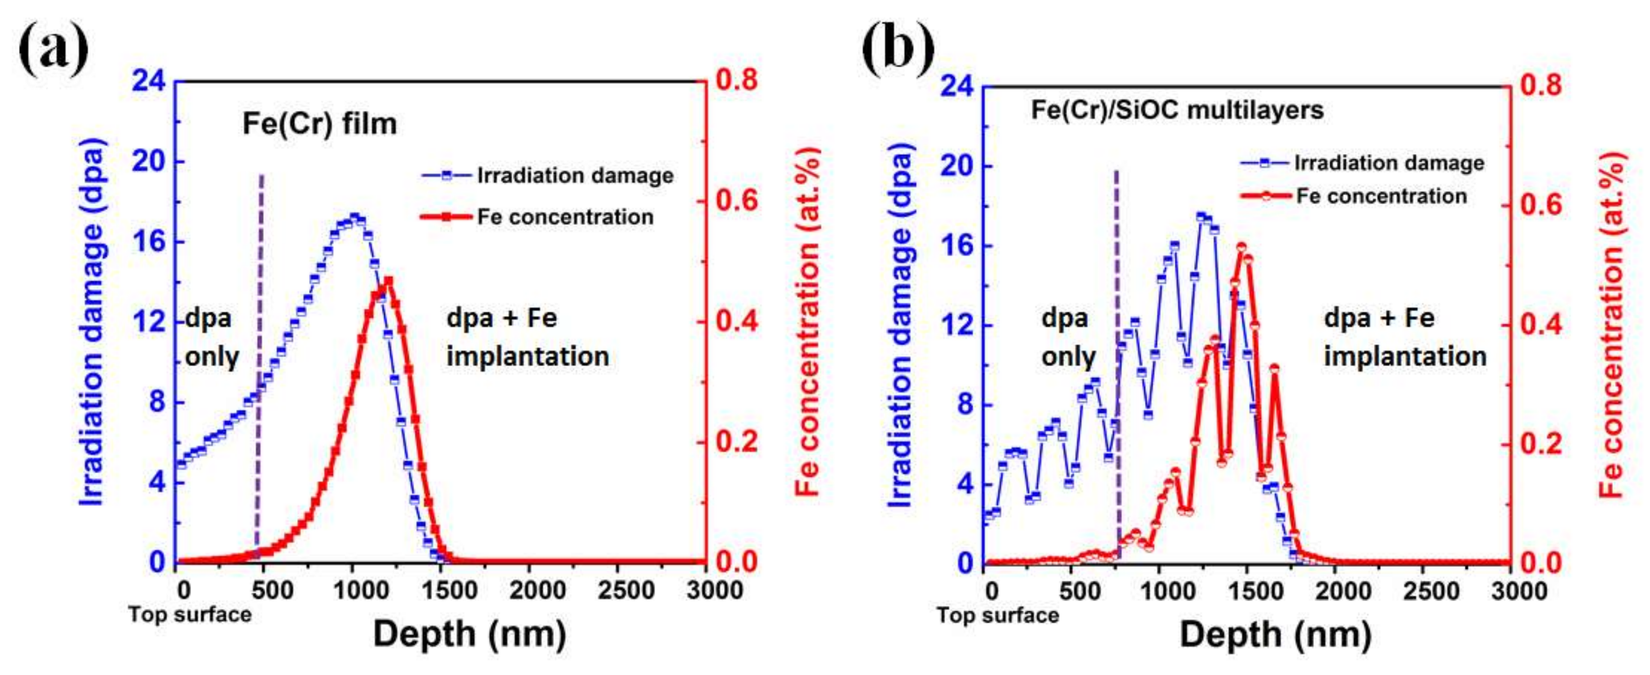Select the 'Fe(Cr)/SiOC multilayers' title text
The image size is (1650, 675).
pyautogui.click(x=1177, y=110)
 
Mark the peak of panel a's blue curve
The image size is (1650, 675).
pyautogui.click(x=354, y=216)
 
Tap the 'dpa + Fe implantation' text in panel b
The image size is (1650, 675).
pyautogui.click(x=1404, y=337)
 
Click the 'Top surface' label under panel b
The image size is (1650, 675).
pyautogui.click(x=997, y=615)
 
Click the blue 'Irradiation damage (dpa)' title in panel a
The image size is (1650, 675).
pyautogui.click(x=91, y=322)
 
